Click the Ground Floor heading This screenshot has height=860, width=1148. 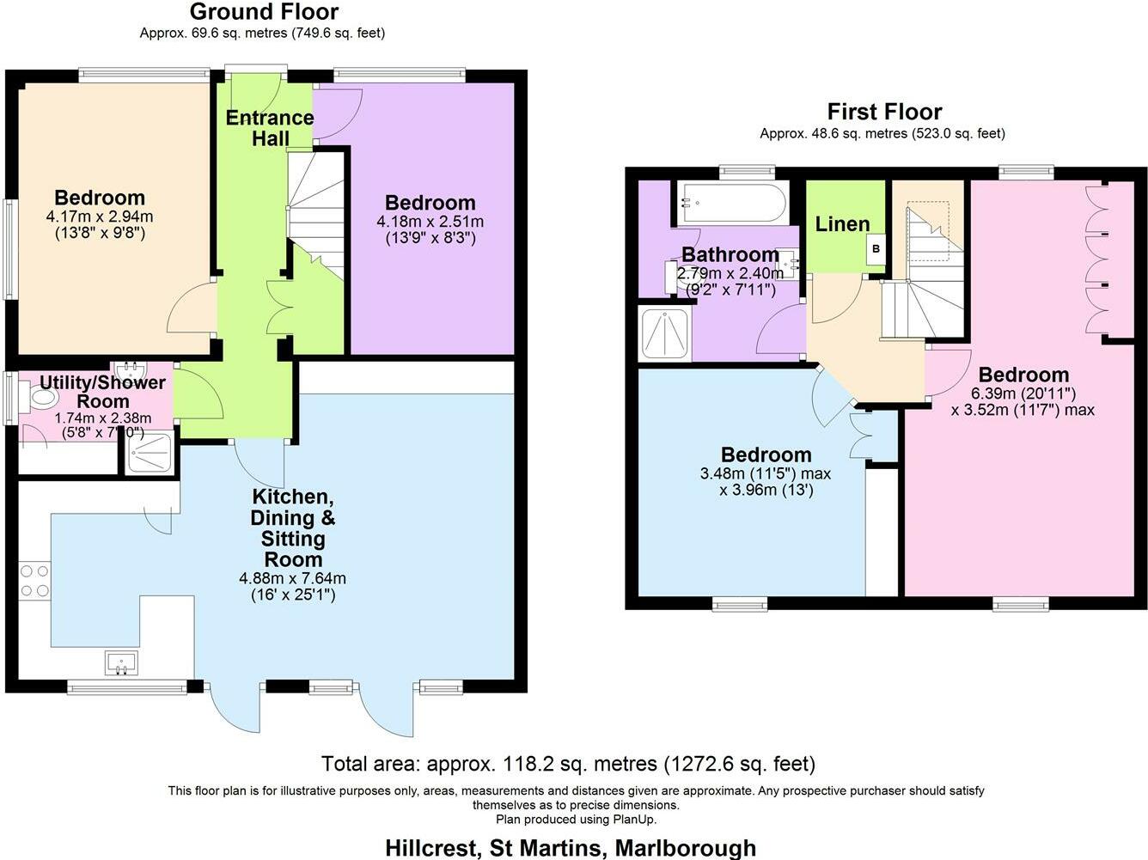[264, 11]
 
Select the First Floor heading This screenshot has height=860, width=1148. [884, 112]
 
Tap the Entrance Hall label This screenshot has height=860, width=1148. [270, 128]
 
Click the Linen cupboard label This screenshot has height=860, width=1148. [842, 224]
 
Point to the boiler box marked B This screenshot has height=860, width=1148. [876, 249]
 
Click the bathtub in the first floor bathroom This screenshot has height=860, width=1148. [732, 202]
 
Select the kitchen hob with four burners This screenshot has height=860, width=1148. [35, 580]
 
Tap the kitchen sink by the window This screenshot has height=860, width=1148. [121, 663]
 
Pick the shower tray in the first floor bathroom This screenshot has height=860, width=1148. [665, 333]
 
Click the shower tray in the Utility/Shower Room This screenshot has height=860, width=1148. [150, 453]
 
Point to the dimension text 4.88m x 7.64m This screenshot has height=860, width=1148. [292, 579]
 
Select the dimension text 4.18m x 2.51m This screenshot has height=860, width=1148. [430, 221]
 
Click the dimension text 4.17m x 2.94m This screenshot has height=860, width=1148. [100, 216]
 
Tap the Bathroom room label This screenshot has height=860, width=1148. [730, 254]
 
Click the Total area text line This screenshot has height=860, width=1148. [568, 764]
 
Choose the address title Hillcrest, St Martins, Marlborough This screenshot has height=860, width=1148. [571, 848]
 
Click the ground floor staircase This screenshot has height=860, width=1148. [316, 216]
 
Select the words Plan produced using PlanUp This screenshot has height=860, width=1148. [576, 820]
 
